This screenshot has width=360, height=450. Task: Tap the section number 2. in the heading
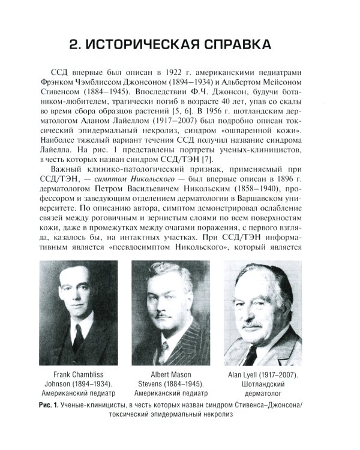pos(77,45)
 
